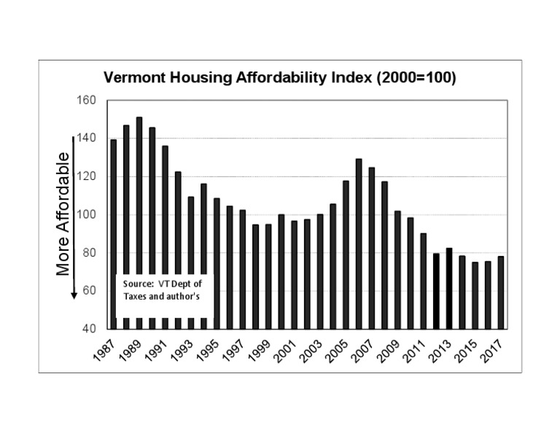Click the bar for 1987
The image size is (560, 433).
[x=113, y=233]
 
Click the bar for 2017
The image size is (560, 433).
[x=501, y=292]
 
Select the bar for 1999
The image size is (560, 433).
[x=268, y=276]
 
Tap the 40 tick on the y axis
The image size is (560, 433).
[x=89, y=329]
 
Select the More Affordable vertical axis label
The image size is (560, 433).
[x=63, y=214]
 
